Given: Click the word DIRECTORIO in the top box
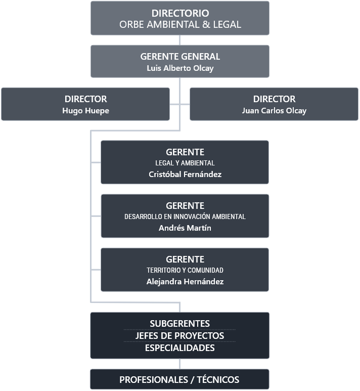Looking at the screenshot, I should click(180, 13).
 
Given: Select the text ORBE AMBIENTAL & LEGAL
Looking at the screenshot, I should click(180, 24).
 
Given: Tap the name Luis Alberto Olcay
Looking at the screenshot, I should click(180, 68).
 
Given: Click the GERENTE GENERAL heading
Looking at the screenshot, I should click(180, 57).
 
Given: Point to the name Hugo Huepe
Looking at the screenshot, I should click(85, 110).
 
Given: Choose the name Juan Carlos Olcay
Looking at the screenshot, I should click(274, 110).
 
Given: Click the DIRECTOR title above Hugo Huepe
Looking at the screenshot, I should click(85, 99).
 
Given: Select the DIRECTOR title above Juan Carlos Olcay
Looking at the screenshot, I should click(274, 99).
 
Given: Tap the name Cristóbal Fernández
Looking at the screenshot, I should click(185, 174).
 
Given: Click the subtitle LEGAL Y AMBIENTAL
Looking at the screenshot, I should click(185, 163).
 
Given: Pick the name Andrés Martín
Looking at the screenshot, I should click(185, 228).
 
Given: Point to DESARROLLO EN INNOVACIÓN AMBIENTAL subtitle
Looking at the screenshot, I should click(185, 216).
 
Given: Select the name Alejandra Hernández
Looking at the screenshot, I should click(185, 282).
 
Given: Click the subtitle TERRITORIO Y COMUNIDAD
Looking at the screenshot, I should click(185, 270).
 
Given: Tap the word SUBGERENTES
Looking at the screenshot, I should click(179, 324).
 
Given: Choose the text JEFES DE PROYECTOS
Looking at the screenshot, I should click(179, 336).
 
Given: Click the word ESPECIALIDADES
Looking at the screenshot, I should click(179, 348).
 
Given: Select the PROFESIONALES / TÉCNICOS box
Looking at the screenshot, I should click(179, 379).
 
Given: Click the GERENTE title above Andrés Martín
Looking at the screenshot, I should click(185, 205).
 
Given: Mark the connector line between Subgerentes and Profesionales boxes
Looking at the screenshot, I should click(179, 364).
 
